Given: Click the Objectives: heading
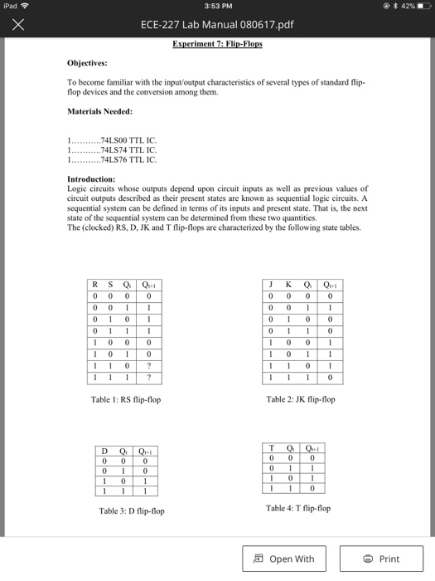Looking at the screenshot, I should (x=92, y=62).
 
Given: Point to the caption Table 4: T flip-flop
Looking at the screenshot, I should (x=298, y=508).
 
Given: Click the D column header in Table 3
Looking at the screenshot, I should (x=104, y=452).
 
